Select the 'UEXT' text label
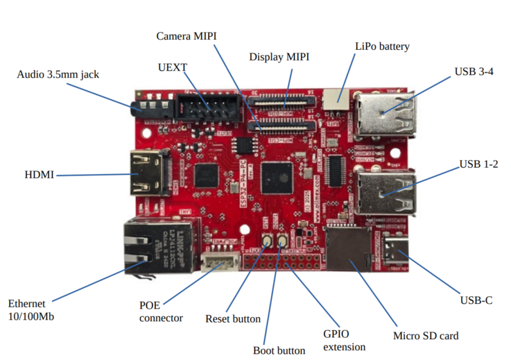(173, 67)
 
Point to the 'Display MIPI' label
(279, 57)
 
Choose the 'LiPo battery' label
(382, 46)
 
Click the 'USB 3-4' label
(474, 71)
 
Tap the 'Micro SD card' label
(426, 336)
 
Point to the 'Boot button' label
(279, 350)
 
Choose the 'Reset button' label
(233, 319)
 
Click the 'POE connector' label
(161, 311)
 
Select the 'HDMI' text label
(39, 175)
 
